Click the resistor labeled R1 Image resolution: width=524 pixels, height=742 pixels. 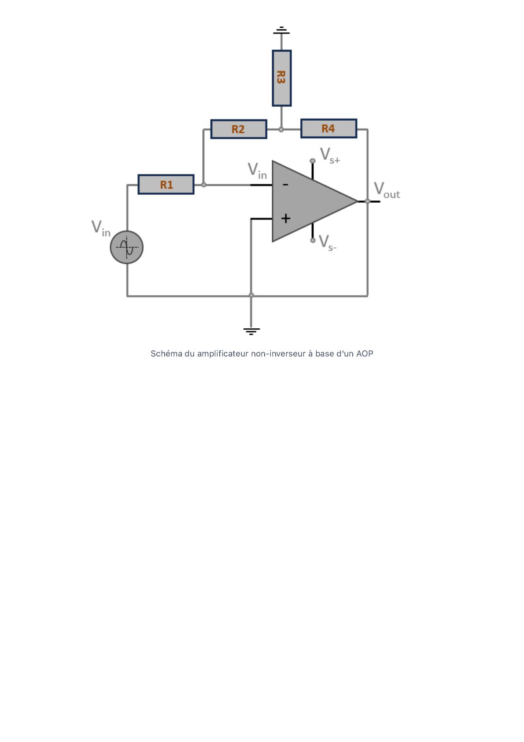pos(166,184)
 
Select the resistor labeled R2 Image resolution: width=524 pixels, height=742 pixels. pos(238,129)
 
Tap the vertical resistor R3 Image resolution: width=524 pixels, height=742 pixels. pos(281,78)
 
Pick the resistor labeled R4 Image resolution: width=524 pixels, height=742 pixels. pos(328,128)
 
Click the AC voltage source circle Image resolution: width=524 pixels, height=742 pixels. pos(127,247)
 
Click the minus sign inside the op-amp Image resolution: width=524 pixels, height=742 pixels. pos(285,185)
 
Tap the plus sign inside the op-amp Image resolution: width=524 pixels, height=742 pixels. pos(286,218)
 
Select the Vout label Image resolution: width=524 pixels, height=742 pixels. pos(386,190)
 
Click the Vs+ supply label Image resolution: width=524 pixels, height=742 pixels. pos(330,156)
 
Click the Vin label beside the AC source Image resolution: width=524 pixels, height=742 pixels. pos(101,228)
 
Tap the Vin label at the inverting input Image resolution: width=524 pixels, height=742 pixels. pos(257,171)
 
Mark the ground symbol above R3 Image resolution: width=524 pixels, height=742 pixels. pos(281,30)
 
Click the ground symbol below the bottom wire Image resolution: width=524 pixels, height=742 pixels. pos(251,330)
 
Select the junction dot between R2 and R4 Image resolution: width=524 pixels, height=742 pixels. pos(281,130)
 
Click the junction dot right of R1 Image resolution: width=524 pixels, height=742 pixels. pos(203,185)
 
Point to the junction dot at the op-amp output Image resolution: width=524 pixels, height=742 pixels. pos(367,201)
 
